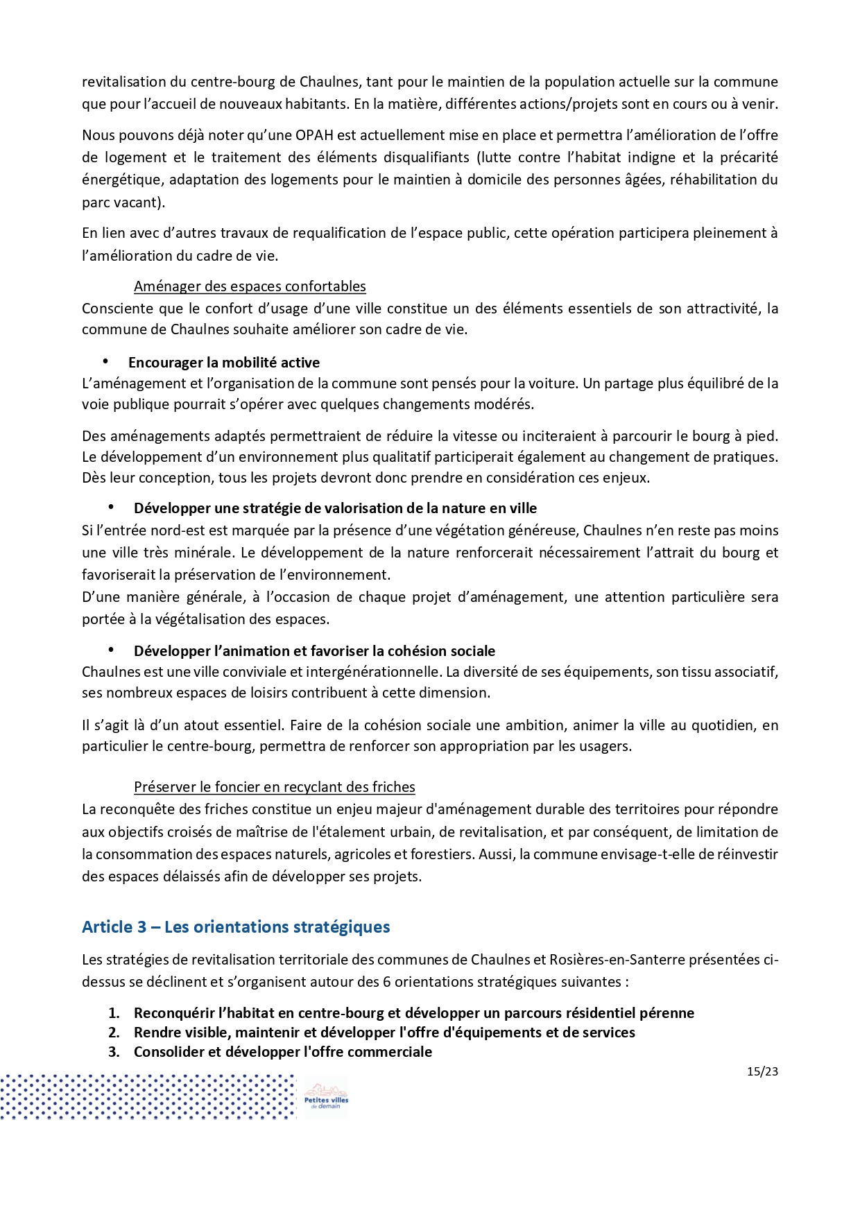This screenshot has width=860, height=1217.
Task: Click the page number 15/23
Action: [762, 1071]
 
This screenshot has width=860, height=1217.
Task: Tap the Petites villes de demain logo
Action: [326, 1096]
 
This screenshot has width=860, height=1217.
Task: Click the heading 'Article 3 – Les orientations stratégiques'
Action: [236, 927]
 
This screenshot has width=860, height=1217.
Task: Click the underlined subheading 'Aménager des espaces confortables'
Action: [250, 286]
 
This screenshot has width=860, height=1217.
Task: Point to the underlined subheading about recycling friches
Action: [274, 787]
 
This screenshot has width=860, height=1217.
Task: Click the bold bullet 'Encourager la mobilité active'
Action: [223, 363]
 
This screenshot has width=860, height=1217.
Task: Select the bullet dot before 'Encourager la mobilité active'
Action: [106, 361]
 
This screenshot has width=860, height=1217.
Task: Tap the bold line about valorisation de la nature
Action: [335, 508]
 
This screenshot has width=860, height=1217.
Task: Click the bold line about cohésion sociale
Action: [314, 651]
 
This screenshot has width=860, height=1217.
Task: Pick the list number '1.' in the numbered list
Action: [114, 1013]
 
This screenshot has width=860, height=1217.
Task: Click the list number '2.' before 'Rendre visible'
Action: [114, 1033]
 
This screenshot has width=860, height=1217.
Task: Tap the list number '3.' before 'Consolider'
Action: [114, 1052]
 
